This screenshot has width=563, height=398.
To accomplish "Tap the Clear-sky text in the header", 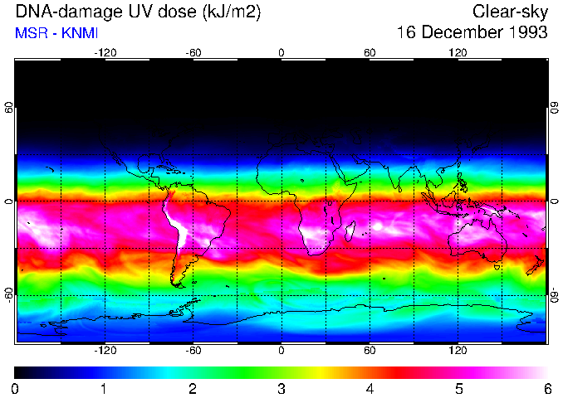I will pos(510,12).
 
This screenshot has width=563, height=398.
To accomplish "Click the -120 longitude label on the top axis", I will pos(105,52).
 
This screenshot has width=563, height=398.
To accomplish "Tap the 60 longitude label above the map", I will pos(370,52).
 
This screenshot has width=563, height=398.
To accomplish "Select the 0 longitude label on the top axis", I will pos(281,52).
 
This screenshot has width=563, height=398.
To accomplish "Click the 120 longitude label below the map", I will pos(458,350).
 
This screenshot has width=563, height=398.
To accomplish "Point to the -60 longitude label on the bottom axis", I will pos(193,350).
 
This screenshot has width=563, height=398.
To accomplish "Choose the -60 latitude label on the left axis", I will pos(9,295).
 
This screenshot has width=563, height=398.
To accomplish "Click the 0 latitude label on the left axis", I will pos(9,201).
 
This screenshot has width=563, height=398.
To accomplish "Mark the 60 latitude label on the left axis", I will pos(9,108).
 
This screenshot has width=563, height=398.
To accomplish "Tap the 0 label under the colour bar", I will pos(15,387).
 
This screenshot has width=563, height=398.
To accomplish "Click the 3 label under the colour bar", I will pos(281,387).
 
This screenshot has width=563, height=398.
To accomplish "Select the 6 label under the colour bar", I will pos(547,387).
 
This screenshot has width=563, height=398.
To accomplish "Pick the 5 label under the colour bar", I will pos(458,387).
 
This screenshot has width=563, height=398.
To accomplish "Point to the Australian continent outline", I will pos(473,240).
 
